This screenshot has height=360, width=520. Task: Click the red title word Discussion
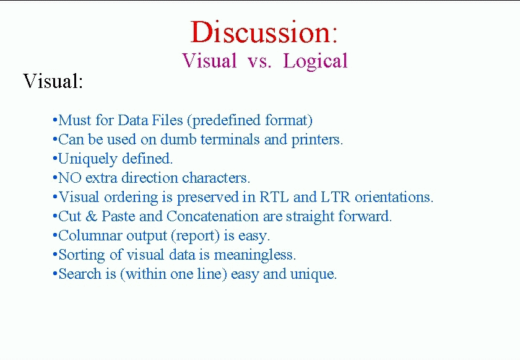[261, 32]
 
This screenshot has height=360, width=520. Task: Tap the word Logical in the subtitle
[315, 61]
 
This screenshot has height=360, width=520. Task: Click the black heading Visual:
[53, 81]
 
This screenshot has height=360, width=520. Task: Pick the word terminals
[230, 139]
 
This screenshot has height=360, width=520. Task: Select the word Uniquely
[87, 159]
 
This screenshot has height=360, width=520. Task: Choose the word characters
[215, 178]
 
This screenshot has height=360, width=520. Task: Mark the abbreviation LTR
[336, 197]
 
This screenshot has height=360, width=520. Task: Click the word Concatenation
[212, 216]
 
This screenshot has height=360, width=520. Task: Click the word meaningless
[254, 255]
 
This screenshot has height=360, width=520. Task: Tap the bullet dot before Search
[55, 274]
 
